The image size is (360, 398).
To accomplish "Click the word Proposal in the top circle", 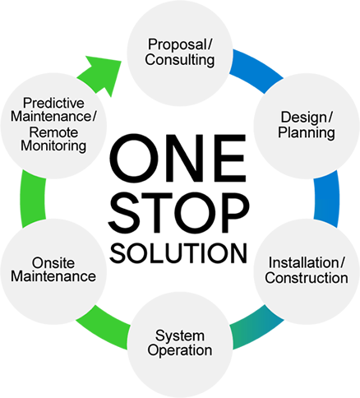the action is point(178,44).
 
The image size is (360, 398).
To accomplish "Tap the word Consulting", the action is point(180,60).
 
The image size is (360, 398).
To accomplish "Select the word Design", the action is point(304,118).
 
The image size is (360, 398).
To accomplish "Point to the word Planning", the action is point(307,132).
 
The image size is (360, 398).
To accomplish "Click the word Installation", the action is point(304,262).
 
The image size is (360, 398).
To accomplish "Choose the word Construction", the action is point(307,278).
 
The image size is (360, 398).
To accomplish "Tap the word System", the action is point(180,336).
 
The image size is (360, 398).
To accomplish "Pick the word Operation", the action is point(180,350).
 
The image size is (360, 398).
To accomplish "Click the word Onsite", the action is point(53,263).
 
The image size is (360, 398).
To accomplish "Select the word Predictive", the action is point(53,103).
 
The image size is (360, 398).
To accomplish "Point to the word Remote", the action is point(53,132).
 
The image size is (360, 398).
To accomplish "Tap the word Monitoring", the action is point(53,146).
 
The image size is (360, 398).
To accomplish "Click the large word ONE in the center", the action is point(178,158).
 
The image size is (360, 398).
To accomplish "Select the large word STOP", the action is point(178,212).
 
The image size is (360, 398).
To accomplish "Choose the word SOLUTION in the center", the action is point(178,253).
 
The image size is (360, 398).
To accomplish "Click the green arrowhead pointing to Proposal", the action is point(103,72).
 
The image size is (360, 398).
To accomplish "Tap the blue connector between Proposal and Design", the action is point(256,70).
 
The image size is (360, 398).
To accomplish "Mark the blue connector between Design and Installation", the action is point(326,199).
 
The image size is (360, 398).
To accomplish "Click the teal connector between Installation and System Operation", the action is point(256,327).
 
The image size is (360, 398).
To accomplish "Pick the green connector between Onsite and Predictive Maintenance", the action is point(33,199).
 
